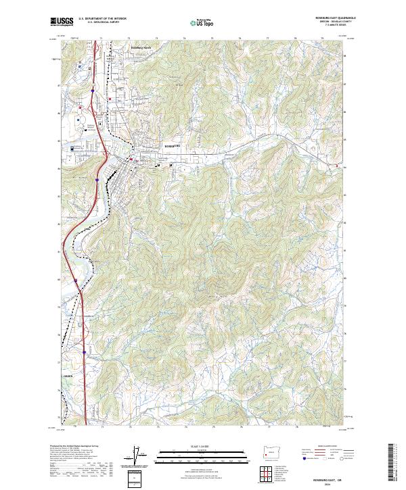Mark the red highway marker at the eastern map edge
pyautogui.click(x=336, y=164)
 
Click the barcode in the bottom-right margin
pyautogui.click(x=390, y=463)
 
